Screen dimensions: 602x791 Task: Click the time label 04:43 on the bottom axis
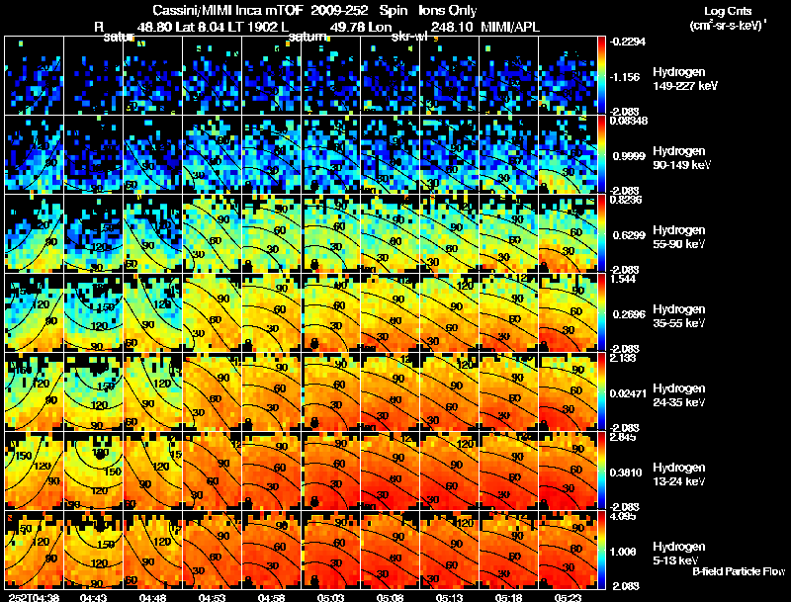click(x=95, y=597)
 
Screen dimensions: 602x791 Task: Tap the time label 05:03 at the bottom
click(x=332, y=597)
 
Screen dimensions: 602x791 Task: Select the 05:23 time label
click(x=569, y=597)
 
